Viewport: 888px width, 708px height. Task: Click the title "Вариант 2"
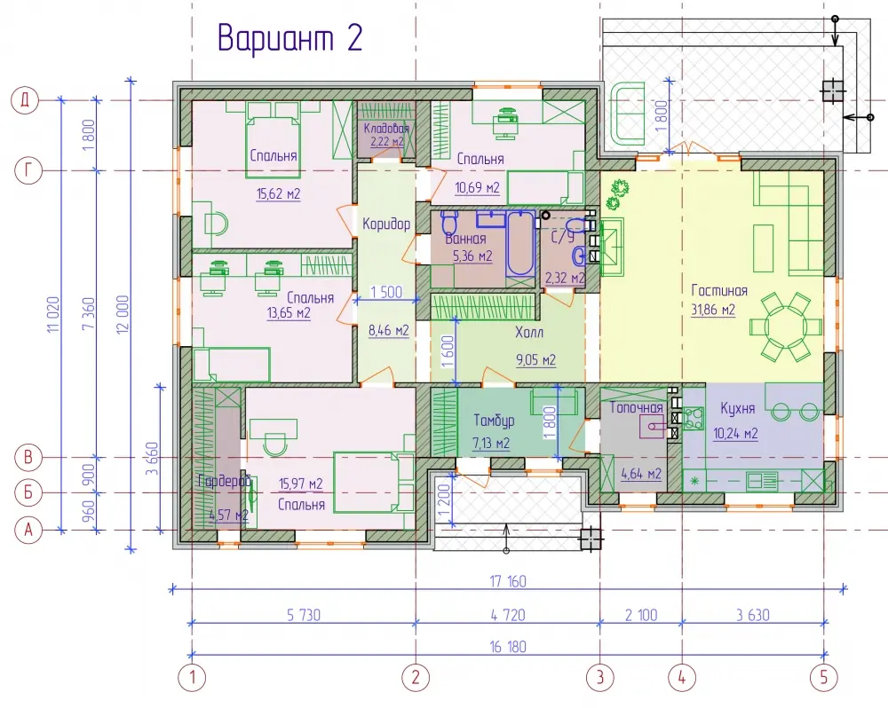pos(290,38)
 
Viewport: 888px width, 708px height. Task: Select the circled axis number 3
pos(599,677)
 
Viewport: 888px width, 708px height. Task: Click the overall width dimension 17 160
pos(508,581)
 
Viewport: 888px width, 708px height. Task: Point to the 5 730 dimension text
pos(304,615)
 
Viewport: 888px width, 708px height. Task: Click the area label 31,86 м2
pos(713,310)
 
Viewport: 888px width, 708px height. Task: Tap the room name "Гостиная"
pos(719,291)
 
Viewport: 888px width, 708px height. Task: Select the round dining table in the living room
pos(785,327)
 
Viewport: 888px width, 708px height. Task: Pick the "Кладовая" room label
pos(386,129)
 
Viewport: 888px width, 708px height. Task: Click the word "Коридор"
pos(386,224)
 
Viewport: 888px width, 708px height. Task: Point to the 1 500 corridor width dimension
pos(386,292)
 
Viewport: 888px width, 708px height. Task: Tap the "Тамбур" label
pos(494,421)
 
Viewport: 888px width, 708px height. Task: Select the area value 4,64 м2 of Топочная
pos(641,473)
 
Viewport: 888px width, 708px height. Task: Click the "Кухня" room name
pos(737,408)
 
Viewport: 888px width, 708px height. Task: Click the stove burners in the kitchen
pos(694,418)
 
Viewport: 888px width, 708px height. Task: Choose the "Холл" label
pos(529,332)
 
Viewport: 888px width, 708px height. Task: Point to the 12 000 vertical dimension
pos(123,313)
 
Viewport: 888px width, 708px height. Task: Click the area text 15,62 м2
pos(278,194)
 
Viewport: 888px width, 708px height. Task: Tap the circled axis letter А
pos(28,531)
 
